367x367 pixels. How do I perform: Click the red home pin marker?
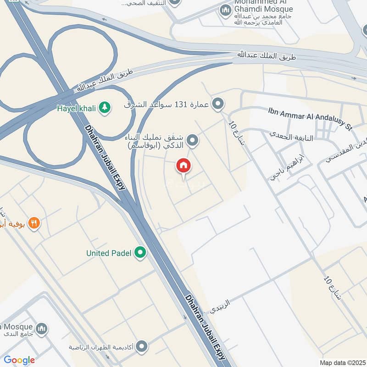click(183, 166)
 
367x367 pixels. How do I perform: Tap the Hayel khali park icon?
click(106, 108)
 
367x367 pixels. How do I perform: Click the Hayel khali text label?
click(76, 108)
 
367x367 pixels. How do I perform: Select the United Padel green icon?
click(141, 252)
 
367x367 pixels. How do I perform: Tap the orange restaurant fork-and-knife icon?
click(34, 223)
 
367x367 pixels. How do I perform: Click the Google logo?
click(19, 360)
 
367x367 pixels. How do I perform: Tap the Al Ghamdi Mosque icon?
click(225, 11)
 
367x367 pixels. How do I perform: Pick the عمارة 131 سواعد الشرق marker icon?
click(219, 104)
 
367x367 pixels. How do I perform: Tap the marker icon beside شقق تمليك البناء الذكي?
click(194, 140)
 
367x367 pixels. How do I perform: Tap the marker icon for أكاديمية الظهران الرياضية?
click(142, 345)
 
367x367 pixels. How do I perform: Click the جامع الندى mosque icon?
click(42, 328)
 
